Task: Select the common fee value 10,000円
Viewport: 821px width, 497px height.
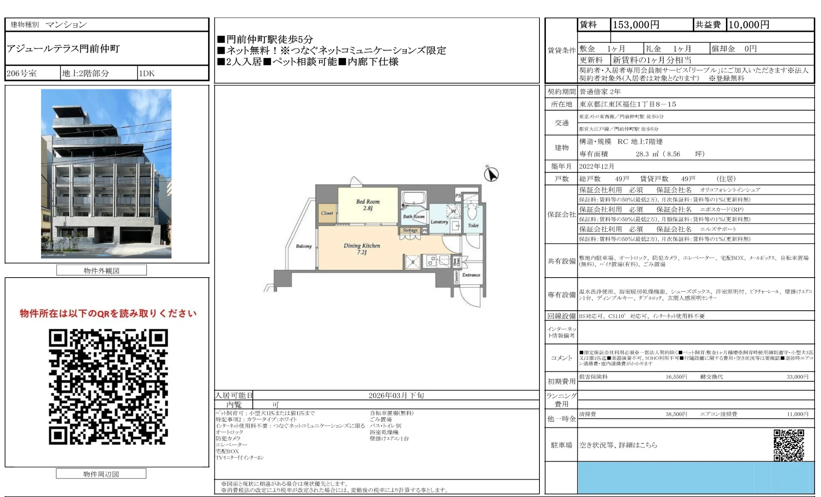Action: [749, 25]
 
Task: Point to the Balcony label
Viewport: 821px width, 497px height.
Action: [303, 246]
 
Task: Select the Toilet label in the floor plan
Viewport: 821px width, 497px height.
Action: [473, 225]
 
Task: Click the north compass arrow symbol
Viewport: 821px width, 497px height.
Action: [491, 174]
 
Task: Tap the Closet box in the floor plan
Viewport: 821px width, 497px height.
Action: [327, 213]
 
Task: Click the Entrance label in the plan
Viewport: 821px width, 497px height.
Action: [471, 275]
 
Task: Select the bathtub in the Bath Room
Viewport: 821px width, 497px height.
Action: [414, 198]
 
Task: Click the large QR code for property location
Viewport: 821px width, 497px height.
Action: [108, 387]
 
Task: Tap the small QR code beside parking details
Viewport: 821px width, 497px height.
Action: [789, 445]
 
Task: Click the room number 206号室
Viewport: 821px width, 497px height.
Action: [22, 73]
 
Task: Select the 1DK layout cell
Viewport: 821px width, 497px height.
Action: [147, 73]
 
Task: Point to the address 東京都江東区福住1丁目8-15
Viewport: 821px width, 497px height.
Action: [628, 104]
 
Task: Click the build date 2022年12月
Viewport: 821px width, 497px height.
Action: [597, 166]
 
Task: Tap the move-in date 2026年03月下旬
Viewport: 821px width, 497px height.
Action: [396, 395]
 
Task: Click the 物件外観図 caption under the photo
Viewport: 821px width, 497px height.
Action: [101, 270]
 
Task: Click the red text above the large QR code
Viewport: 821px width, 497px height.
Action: [108, 314]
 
